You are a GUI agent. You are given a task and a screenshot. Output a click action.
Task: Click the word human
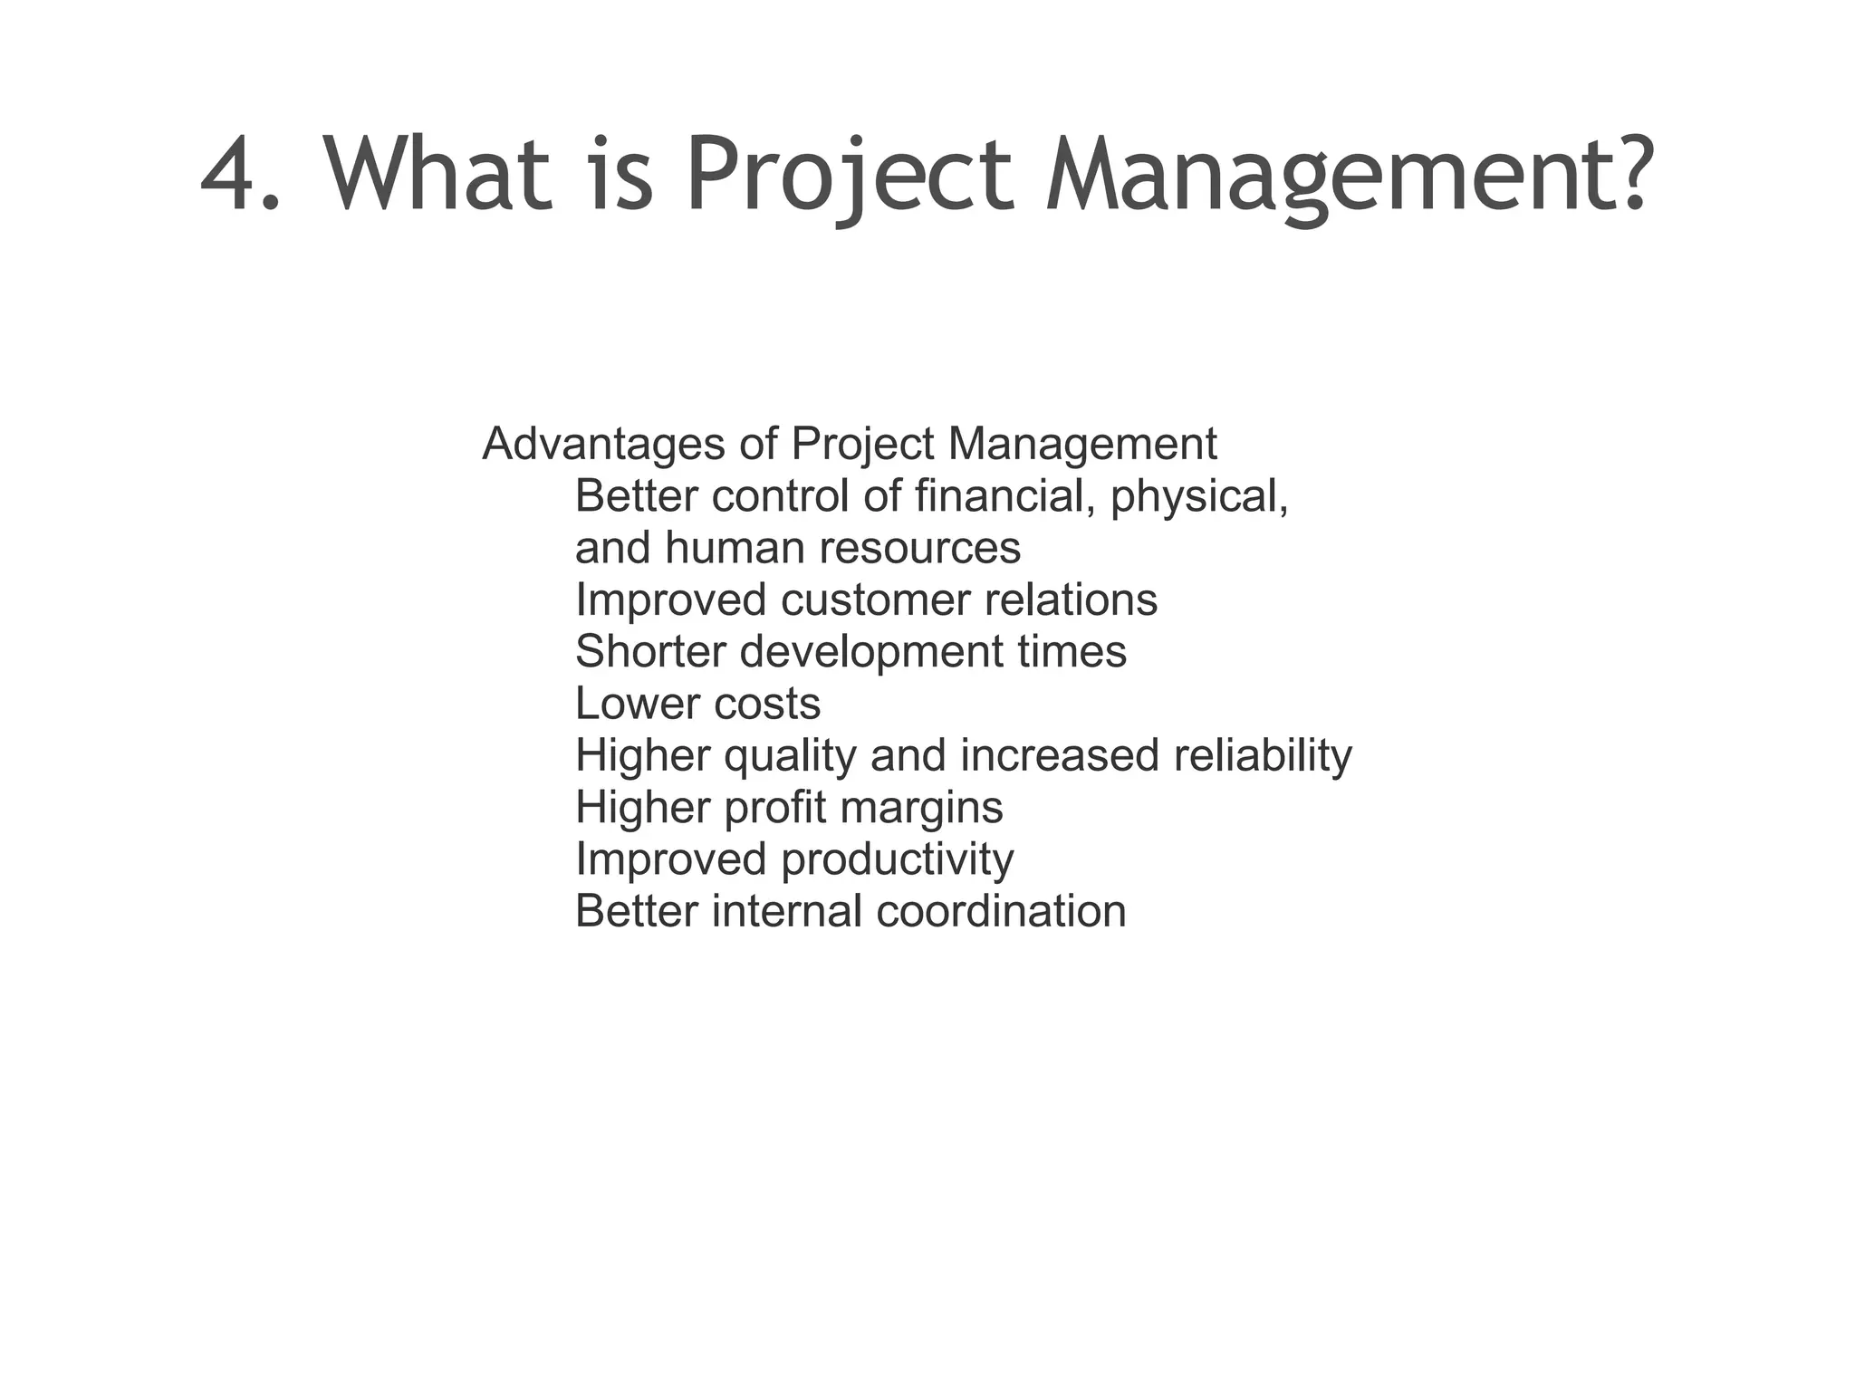(735, 548)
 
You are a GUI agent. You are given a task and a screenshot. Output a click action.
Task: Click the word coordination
(1001, 911)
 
